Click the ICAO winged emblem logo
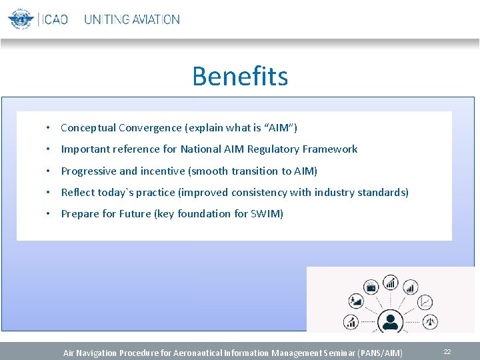(x=21, y=19)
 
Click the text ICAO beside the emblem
(x=55, y=19)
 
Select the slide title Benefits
(x=240, y=76)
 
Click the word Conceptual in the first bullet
(x=88, y=128)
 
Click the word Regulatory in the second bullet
(x=275, y=149)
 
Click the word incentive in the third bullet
(x=163, y=171)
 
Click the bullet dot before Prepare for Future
(x=49, y=214)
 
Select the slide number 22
(x=447, y=351)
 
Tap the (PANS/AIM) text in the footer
(x=381, y=353)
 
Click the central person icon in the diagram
(x=390, y=321)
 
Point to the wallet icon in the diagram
(x=371, y=287)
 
